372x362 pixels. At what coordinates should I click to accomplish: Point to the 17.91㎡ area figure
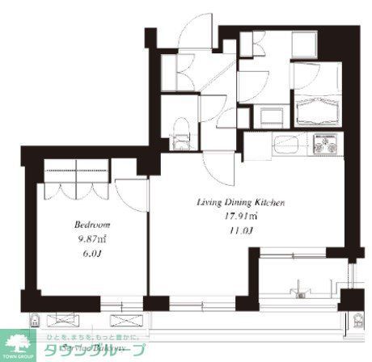[x=241, y=216]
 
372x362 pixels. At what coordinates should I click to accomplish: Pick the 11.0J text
[x=241, y=230]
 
